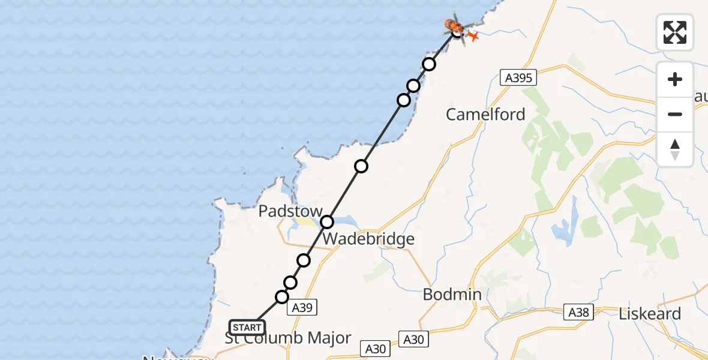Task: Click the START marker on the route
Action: [x=247, y=328]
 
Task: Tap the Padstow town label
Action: [x=291, y=211]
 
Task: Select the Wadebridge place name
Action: [x=368, y=239]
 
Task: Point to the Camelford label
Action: [x=485, y=114]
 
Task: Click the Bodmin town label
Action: [x=452, y=294]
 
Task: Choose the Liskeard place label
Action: [x=650, y=314]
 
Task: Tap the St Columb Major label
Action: [x=288, y=338]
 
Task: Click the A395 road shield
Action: [x=518, y=77]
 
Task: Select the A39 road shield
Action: [x=301, y=307]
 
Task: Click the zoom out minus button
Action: [x=675, y=114]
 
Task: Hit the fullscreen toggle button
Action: [x=675, y=32]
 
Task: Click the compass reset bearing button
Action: [x=675, y=149]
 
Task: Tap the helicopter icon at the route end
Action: [x=454, y=25]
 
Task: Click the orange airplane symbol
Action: [x=473, y=37]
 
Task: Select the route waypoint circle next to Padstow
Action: [x=327, y=222]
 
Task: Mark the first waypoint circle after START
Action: [x=281, y=296]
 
